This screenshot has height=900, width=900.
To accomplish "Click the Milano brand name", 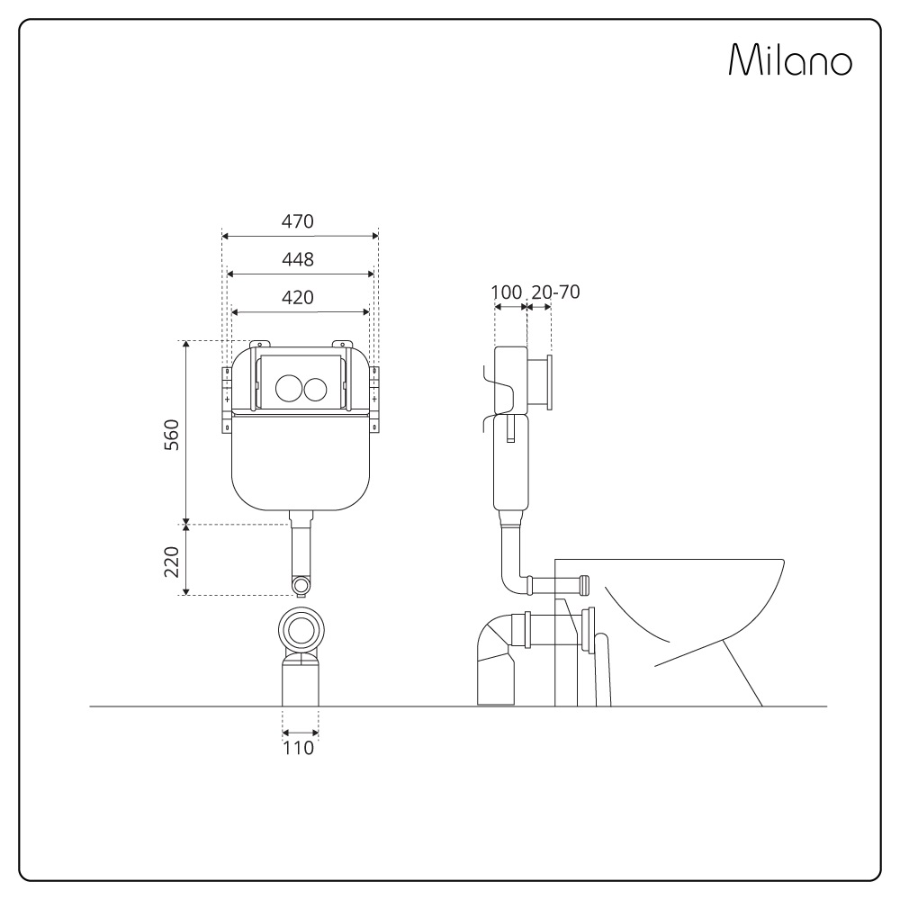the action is coord(790,59).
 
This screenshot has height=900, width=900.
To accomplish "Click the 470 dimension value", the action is coord(297,221).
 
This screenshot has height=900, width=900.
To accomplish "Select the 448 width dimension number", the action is coord(298,260).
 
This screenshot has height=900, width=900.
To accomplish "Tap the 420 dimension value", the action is coord(297,298).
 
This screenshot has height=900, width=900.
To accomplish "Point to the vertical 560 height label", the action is coord(172,435).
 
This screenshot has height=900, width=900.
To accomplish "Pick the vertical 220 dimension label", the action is coord(172,562).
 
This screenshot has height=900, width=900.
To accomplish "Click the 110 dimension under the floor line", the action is coord(299,748).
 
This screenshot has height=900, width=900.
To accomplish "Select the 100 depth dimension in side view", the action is coord(507,292).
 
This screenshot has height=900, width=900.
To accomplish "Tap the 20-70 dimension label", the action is coord(555,292).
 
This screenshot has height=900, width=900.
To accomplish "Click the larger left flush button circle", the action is coord(288,388).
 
